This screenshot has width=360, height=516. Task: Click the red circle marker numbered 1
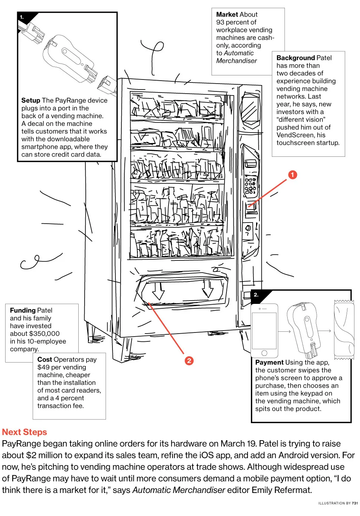tap(292, 175)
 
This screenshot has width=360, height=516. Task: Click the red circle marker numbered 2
tap(189, 360)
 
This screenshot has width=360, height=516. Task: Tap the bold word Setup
tap(31, 100)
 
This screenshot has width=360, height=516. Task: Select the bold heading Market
tap(227, 14)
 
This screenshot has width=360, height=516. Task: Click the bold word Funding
tap(23, 310)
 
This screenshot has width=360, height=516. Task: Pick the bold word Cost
tap(45, 359)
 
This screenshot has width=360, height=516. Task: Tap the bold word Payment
tap(269, 362)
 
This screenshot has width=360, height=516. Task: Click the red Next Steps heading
tap(24, 432)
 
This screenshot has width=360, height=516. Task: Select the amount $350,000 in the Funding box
tap(44, 334)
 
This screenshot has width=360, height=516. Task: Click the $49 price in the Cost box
tap(43, 367)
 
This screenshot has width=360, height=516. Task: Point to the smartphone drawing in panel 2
tap(264, 331)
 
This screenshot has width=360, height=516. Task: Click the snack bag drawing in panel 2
tap(344, 330)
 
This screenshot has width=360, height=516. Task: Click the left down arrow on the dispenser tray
tap(158, 291)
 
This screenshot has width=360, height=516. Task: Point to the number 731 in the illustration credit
tap(355, 503)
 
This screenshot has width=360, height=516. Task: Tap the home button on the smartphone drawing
tap(264, 353)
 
